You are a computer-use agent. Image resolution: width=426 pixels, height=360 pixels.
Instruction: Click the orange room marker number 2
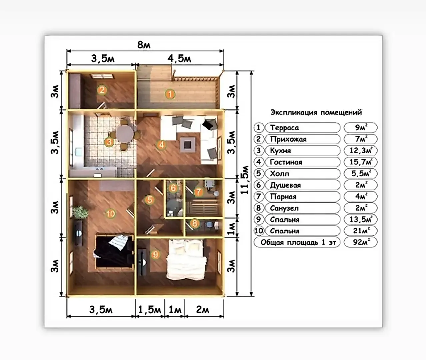(102, 90)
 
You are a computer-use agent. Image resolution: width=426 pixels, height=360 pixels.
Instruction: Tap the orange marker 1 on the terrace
(170, 94)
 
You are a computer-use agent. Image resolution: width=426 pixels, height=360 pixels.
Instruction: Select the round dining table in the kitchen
(125, 134)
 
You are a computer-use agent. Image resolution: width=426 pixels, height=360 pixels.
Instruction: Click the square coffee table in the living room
(188, 145)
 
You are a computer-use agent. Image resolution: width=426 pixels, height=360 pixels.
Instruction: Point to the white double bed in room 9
(186, 259)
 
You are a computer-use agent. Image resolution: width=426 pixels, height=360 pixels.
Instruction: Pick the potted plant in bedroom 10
(80, 212)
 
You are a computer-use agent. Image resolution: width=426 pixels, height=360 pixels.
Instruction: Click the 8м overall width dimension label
(144, 45)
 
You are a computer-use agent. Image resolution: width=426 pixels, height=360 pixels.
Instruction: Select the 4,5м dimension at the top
(179, 59)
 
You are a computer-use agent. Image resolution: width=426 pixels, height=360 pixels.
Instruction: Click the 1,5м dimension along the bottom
(150, 310)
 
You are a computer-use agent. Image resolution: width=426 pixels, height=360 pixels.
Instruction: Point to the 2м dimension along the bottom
(203, 310)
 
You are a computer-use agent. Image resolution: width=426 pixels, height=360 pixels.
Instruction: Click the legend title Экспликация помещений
(316, 112)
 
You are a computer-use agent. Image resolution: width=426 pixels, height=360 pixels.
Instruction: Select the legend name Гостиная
(286, 162)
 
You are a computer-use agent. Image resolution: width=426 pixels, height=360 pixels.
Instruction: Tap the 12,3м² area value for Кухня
(361, 151)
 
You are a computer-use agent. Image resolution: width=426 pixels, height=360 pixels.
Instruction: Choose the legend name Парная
(283, 197)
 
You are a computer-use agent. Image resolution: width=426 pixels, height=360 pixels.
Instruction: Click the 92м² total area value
(361, 242)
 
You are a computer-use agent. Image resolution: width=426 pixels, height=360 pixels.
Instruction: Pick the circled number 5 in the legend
(259, 174)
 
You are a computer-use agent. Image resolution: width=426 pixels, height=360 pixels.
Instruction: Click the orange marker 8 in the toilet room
(195, 223)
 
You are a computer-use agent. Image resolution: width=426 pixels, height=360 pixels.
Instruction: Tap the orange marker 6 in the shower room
(173, 188)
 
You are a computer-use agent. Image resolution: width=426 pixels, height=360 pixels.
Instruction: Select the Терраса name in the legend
(284, 128)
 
